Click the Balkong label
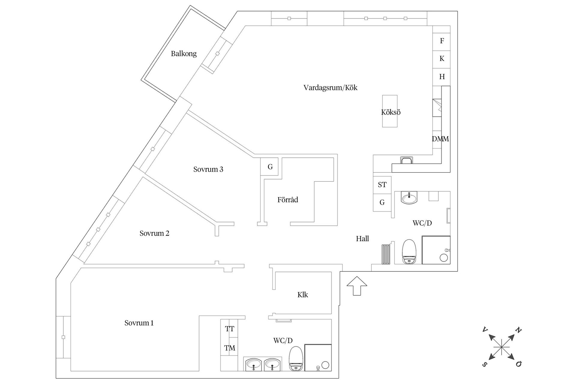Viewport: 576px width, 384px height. pyautogui.click(x=184, y=54)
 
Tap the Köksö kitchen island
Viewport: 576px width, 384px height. pyautogui.click(x=390, y=111)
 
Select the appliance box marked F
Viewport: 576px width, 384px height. pyautogui.click(x=441, y=41)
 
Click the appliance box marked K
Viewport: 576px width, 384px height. pyautogui.click(x=441, y=59)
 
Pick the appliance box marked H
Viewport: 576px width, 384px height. pyautogui.click(x=441, y=77)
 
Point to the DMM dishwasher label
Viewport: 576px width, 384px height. pyautogui.click(x=440, y=139)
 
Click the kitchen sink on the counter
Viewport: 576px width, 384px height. pyautogui.click(x=406, y=160)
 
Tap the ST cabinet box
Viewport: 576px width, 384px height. pyautogui.click(x=382, y=185)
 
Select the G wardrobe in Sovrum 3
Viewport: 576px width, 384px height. pyautogui.click(x=270, y=167)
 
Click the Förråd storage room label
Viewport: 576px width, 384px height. pyautogui.click(x=287, y=200)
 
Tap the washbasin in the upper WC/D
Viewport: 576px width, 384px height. pyautogui.click(x=409, y=198)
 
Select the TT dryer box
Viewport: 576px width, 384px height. pyautogui.click(x=229, y=329)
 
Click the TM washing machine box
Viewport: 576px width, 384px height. pyautogui.click(x=229, y=348)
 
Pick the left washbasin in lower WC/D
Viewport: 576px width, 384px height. pyautogui.click(x=254, y=364)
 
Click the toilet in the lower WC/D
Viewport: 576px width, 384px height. pyautogui.click(x=296, y=358)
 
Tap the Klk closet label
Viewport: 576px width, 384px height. pyautogui.click(x=302, y=295)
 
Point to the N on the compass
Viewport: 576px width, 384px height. pyautogui.click(x=518, y=330)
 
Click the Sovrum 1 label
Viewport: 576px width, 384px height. pyautogui.click(x=139, y=323)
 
